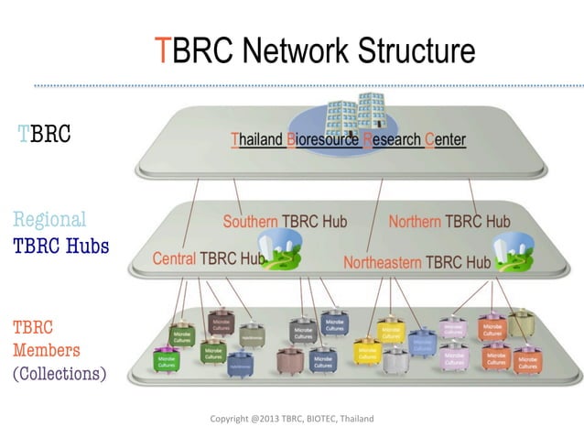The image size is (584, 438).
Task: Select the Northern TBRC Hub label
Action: coord(449,222)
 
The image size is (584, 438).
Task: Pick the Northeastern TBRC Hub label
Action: coord(416,263)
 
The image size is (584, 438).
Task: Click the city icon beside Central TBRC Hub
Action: coord(282,249)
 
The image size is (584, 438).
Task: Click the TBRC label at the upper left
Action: coord(45,136)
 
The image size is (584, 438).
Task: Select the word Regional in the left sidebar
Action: coord(49,220)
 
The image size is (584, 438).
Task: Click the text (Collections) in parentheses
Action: coord(59,374)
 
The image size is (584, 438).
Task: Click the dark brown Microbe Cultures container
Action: coord(222,324)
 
